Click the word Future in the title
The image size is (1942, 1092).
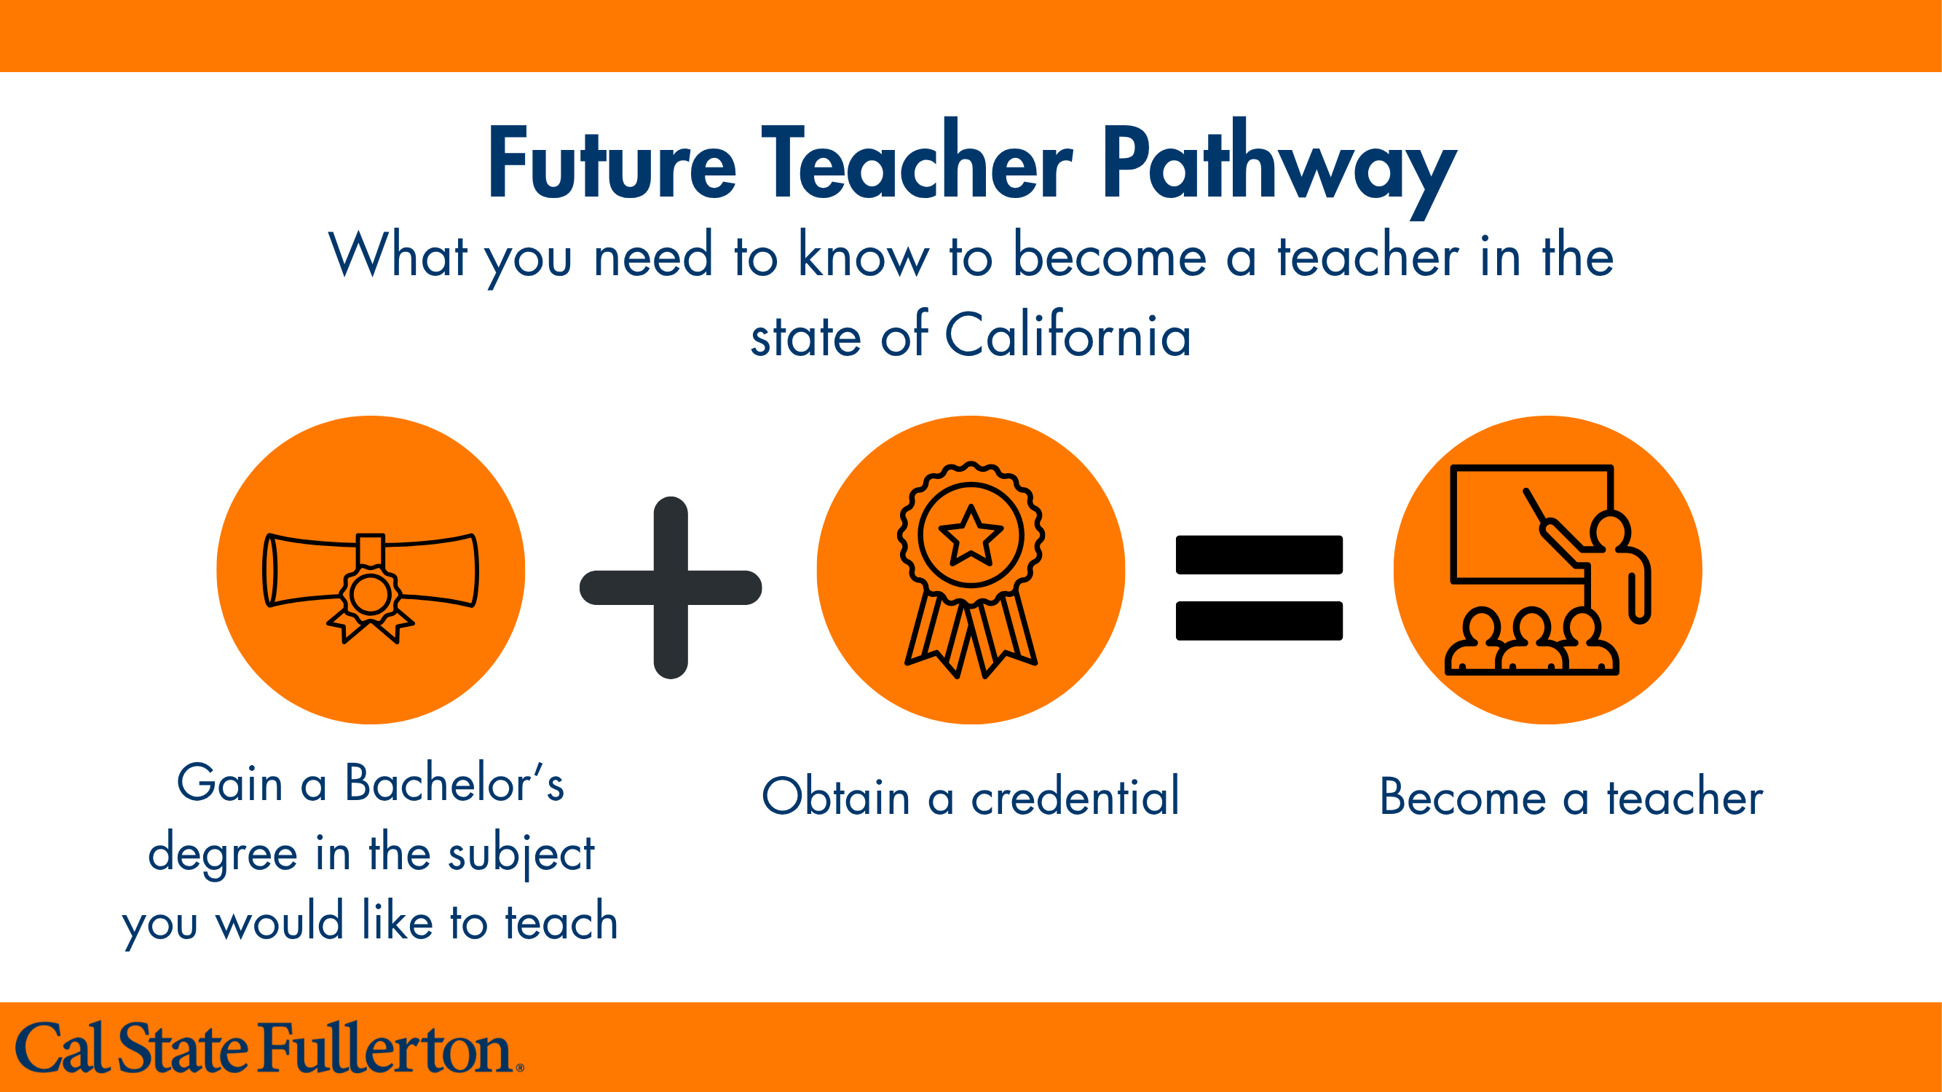tap(612, 164)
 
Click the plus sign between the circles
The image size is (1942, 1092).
tap(670, 587)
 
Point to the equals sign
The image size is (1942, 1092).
tap(1259, 587)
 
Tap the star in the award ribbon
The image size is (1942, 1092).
tap(971, 536)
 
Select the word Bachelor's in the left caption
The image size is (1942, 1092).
tap(454, 784)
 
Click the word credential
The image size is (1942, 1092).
tap(1075, 797)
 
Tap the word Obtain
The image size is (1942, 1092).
tap(836, 797)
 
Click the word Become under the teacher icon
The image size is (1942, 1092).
tap(1463, 797)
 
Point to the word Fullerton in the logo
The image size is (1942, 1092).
tap(386, 1048)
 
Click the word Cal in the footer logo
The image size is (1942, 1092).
tap(60, 1048)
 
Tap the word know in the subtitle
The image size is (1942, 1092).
tap(864, 256)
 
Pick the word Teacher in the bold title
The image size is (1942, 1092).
tap(917, 164)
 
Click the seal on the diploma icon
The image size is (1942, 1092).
tap(370, 595)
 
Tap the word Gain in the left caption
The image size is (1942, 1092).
tap(230, 784)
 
